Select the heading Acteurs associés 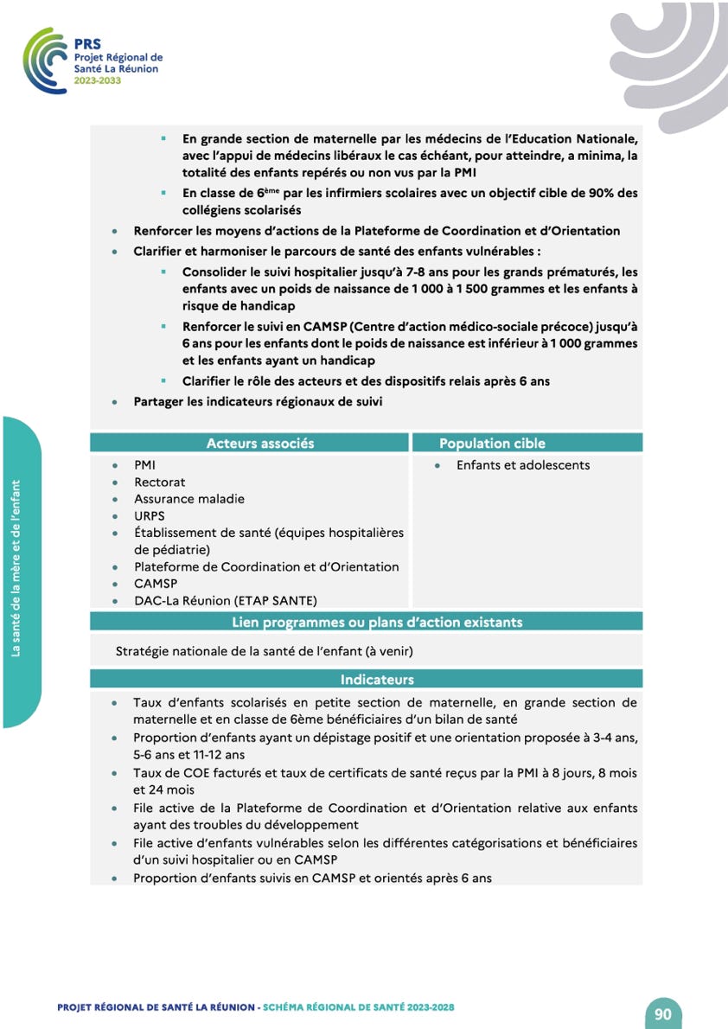coord(260,444)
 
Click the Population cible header coord(492,444)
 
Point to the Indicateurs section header coord(377,680)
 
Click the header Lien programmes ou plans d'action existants coord(377,622)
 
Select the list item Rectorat coord(160,482)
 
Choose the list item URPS coord(149,515)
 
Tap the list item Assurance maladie coord(188,499)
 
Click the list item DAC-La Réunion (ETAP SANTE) coord(225,600)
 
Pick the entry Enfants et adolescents coord(522,465)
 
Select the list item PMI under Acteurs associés coord(144,465)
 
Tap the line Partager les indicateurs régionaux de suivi coord(257,401)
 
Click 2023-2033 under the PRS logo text coord(97,80)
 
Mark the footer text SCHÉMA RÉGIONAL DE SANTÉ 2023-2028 coord(359,1007)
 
